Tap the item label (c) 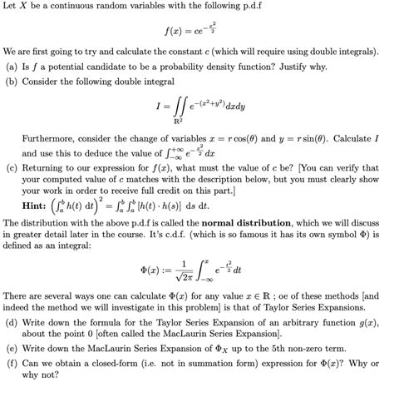[12, 166]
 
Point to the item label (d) [12, 321]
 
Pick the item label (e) [12, 347]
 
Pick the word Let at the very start [11, 7]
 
